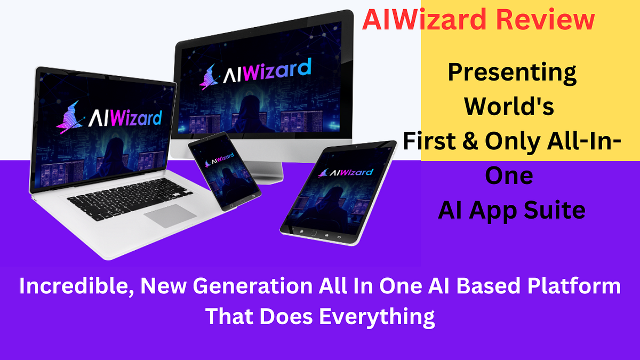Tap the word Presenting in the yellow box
click(511, 72)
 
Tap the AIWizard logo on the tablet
click(341, 172)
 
